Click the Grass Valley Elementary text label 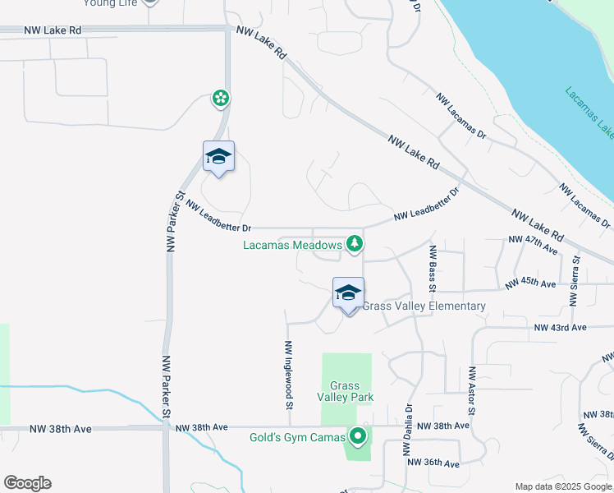pos(424,306)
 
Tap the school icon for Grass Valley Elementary pos(348,293)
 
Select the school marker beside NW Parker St pos(218,157)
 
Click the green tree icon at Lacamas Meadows pos(354,243)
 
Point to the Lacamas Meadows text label pos(292,245)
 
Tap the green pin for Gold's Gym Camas pos(357,436)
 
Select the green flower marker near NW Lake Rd pos(220,99)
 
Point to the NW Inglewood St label pos(289,376)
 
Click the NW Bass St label pos(431,266)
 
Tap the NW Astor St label pos(472,402)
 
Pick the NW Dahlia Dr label pos(406,430)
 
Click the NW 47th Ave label pos(533,239)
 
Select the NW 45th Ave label pos(531,283)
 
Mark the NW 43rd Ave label pos(561,327)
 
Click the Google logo pos(27,483)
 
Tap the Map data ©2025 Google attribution pos(564,486)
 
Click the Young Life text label pos(110,3)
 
